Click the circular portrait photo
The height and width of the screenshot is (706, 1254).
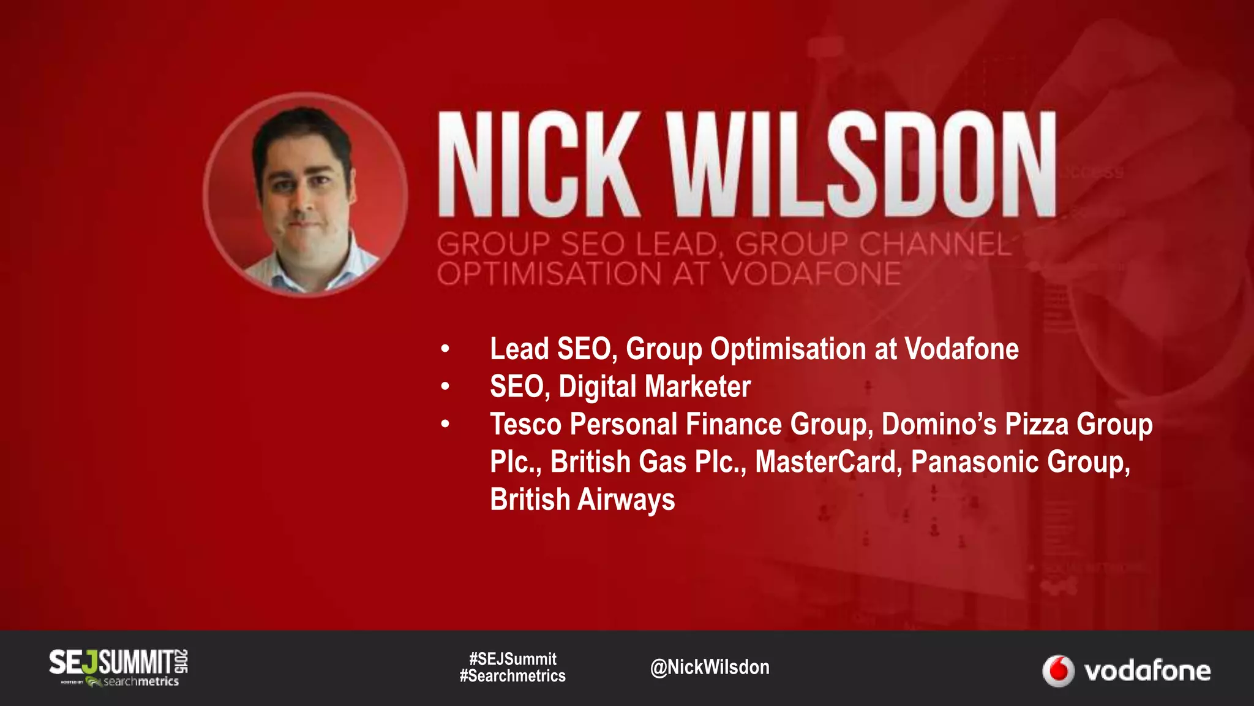305,195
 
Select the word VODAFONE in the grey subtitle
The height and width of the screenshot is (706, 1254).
812,274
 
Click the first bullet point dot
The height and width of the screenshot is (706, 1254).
445,349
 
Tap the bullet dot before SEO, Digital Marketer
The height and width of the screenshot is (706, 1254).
445,387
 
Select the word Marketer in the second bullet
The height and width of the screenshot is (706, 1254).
697,387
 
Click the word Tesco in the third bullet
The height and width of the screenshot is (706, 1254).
525,424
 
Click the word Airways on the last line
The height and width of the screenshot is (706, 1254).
626,499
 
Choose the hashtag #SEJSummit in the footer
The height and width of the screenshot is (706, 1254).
512,659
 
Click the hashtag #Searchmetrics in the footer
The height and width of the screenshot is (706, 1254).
512,676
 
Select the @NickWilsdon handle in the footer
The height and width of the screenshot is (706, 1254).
710,667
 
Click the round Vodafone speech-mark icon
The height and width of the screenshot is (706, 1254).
1058,670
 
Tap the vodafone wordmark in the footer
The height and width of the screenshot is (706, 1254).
1147,671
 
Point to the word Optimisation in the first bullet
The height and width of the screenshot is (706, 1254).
788,349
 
